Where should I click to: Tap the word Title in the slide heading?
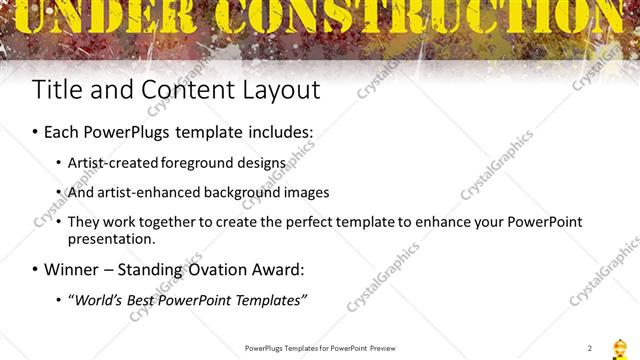click(x=58, y=89)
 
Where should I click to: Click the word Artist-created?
click(x=109, y=162)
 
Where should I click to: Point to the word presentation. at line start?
click(x=112, y=239)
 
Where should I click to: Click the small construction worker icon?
click(x=619, y=346)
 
